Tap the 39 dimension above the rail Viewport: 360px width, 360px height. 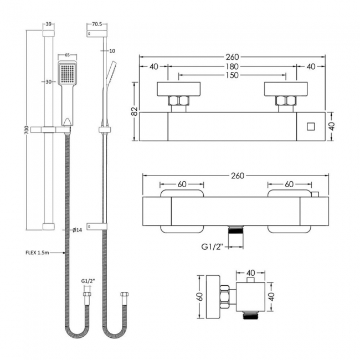48,25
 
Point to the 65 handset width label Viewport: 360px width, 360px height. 66,56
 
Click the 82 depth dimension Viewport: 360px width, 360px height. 134,111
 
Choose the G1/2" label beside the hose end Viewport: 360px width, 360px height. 89,282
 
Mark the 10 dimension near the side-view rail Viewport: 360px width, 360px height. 112,51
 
